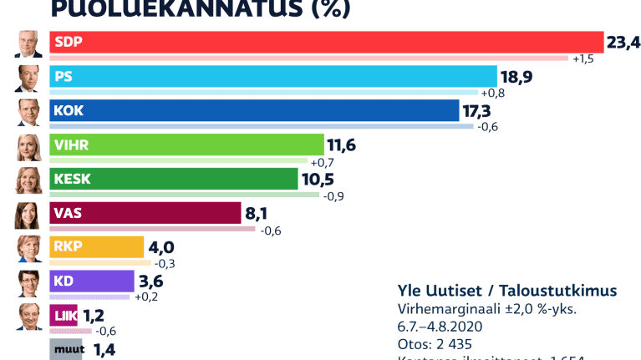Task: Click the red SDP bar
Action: (326, 43)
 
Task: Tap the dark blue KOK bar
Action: (255, 111)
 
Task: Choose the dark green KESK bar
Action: (174, 180)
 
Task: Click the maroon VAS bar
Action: (145, 214)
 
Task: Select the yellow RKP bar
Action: (97, 247)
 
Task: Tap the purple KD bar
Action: (92, 281)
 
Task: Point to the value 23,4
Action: (623, 43)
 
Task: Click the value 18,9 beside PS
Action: (516, 77)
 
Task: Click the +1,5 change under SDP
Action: (582, 59)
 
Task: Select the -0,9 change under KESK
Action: (333, 196)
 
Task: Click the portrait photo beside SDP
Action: (28, 43)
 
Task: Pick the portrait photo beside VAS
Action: (28, 215)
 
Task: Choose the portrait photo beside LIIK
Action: (28, 317)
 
